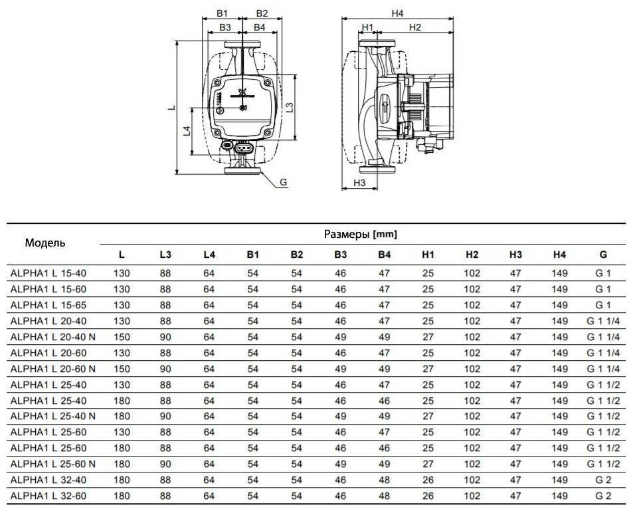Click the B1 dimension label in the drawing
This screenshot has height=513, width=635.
[x=222, y=13]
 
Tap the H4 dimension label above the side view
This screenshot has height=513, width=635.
[x=397, y=13]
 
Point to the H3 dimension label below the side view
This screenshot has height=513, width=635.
[x=359, y=183]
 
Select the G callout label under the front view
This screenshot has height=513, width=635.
[x=284, y=182]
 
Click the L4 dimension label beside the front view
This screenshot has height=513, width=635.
[x=186, y=131]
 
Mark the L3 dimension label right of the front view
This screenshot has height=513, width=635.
[x=290, y=108]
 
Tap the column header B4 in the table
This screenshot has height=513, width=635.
[x=385, y=255]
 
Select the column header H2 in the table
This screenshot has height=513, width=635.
[x=472, y=255]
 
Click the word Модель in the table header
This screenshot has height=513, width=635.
[x=45, y=243]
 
